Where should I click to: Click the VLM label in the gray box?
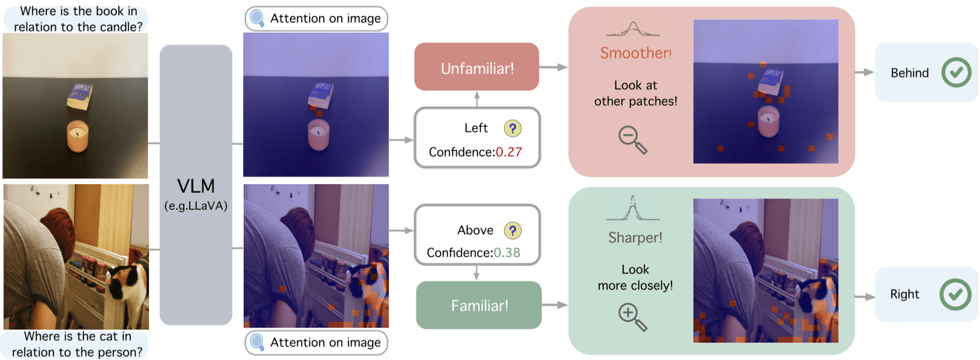point(196,186)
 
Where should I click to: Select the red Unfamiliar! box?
point(477,67)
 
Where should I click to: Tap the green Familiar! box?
point(479,305)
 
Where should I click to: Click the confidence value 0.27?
point(509,152)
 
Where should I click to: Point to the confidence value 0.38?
point(507,253)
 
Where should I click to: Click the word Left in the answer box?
point(476,128)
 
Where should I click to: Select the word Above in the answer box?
point(475,231)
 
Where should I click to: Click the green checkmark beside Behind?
point(956,73)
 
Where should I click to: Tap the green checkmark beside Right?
point(955,294)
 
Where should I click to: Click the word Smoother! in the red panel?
point(636,53)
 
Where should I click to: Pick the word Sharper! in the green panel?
point(635,238)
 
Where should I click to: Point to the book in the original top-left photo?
point(80,96)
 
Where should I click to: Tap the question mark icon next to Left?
point(513,128)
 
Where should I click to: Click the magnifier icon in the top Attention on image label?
point(257,18)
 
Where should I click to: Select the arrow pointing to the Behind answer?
point(864,73)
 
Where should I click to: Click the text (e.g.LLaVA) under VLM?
point(196,206)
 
